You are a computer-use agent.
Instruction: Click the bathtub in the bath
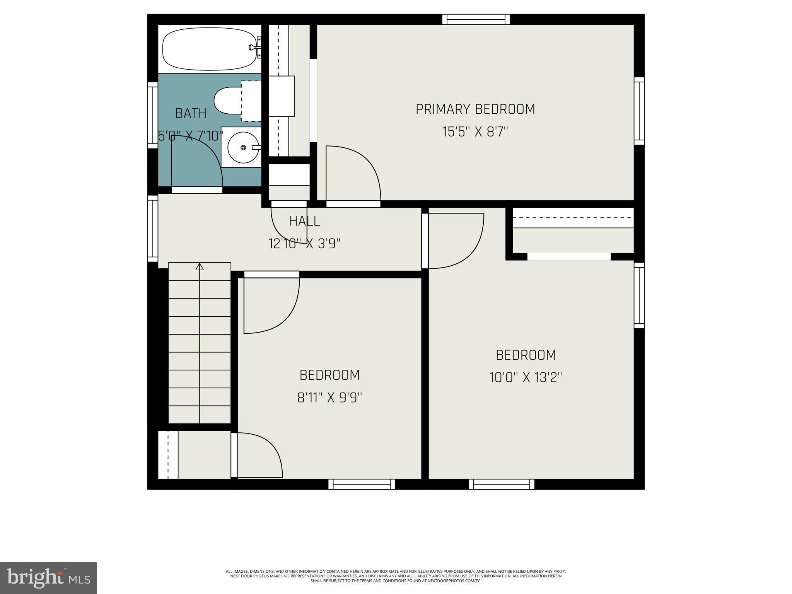[x=209, y=49]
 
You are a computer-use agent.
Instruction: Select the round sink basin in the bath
[x=243, y=147]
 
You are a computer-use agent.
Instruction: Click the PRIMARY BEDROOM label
[x=475, y=109]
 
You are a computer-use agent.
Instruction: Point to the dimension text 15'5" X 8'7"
[x=475, y=132]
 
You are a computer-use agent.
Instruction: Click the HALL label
[x=304, y=221]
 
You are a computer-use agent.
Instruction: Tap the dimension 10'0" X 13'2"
[x=526, y=377]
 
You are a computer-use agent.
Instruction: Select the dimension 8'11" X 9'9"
[x=329, y=398]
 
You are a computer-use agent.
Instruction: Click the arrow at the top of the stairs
[x=200, y=267]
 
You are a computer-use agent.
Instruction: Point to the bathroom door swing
[x=197, y=162]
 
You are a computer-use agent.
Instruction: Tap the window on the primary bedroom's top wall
[x=476, y=19]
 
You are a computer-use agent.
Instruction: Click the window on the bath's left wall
[x=153, y=115]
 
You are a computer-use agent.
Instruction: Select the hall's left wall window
[x=153, y=229]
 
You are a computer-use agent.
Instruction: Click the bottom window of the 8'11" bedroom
[x=362, y=484]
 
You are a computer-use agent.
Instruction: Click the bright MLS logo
[x=48, y=578]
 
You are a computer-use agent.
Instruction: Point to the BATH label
[x=191, y=113]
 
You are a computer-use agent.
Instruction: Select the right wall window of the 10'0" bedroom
[x=639, y=295]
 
